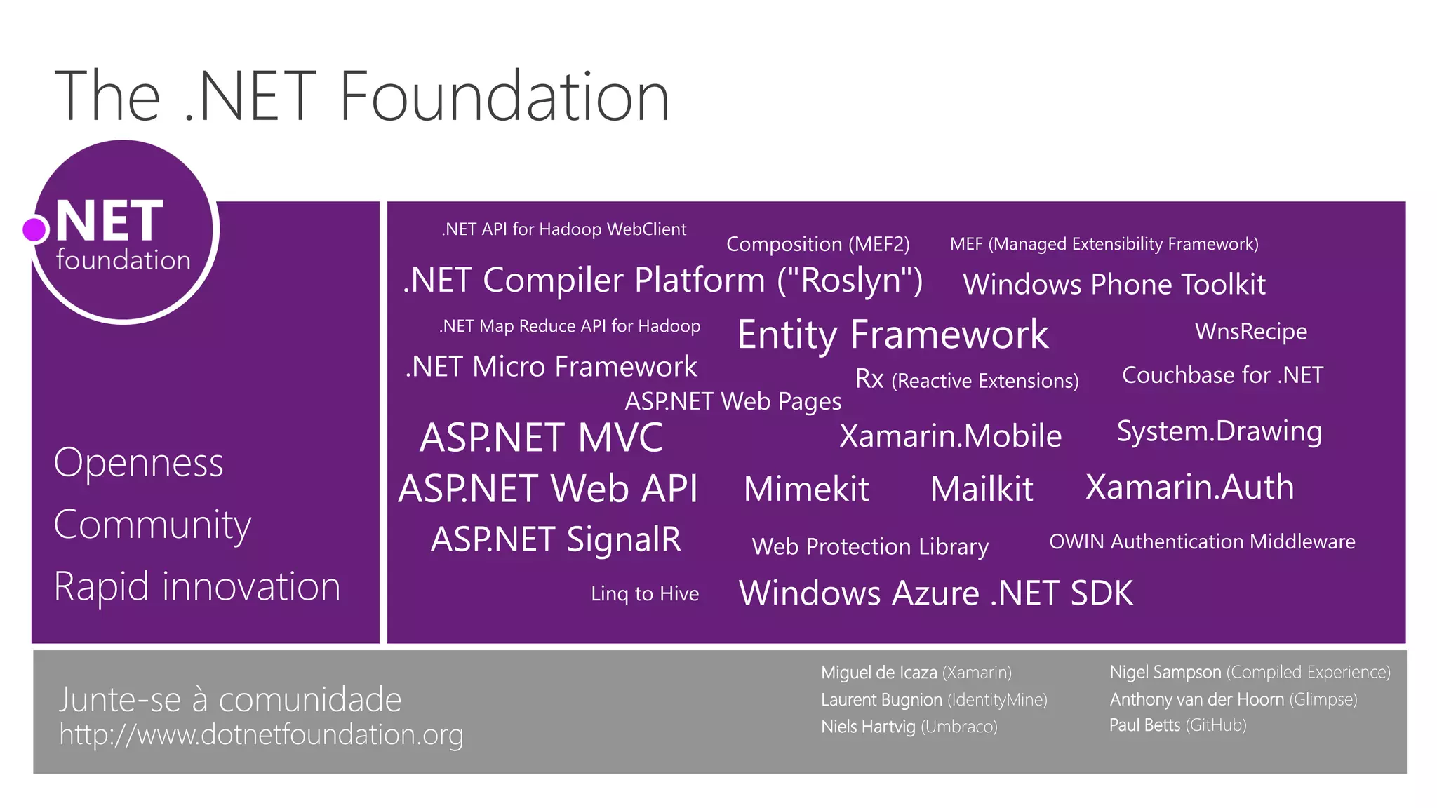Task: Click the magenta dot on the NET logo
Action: coord(34,229)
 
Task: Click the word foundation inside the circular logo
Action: coord(123,260)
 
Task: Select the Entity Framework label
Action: coord(893,335)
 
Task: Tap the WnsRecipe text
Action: coord(1250,331)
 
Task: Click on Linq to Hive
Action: coord(645,593)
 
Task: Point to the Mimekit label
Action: coord(806,489)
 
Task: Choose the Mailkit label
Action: coord(982,489)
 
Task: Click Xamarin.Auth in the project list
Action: coord(1189,487)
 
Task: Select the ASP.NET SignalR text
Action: coord(556,539)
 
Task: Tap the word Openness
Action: coord(138,463)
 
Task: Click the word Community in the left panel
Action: coord(152,525)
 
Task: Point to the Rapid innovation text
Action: coord(197,586)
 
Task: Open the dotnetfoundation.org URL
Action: coord(261,734)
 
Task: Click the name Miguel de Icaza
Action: coord(878,673)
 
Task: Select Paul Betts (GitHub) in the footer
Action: coord(1177,725)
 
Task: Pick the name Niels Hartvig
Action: coord(868,727)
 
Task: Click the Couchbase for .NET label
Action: coord(1222,375)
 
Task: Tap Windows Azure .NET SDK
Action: coord(936,593)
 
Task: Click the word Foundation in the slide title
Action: coord(504,97)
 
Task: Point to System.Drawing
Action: coord(1219,431)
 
